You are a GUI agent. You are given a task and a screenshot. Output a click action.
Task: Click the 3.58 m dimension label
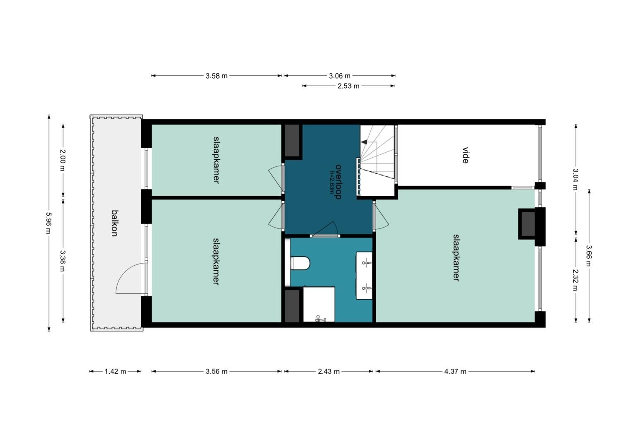tap(216, 76)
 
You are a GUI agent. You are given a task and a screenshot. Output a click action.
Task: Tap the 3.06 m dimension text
tap(340, 76)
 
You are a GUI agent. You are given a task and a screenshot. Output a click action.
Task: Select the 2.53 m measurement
tap(348, 86)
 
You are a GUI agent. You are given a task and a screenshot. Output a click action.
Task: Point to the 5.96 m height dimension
tap(49, 223)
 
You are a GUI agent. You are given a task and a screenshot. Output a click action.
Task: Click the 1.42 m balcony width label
tap(115, 371)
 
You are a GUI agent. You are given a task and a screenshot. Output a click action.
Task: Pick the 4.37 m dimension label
tap(455, 371)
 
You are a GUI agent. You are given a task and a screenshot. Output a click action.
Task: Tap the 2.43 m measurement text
tap(329, 371)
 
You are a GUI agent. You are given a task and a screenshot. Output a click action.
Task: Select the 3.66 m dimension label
tap(589, 255)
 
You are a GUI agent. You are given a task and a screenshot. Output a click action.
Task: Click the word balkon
tap(114, 223)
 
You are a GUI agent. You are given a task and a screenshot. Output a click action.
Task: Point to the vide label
tap(465, 155)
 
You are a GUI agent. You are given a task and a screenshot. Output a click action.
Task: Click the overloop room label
tap(338, 182)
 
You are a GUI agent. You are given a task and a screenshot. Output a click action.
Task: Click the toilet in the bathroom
tap(300, 263)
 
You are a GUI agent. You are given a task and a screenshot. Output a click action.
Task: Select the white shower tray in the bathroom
tap(319, 304)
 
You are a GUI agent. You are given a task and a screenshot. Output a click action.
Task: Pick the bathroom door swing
tap(325, 228)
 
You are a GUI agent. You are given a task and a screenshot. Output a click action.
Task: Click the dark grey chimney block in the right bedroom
tap(527, 224)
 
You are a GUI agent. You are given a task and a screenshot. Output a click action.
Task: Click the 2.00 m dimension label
tap(62, 160)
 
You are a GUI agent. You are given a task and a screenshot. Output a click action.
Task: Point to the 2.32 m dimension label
tap(575, 280)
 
